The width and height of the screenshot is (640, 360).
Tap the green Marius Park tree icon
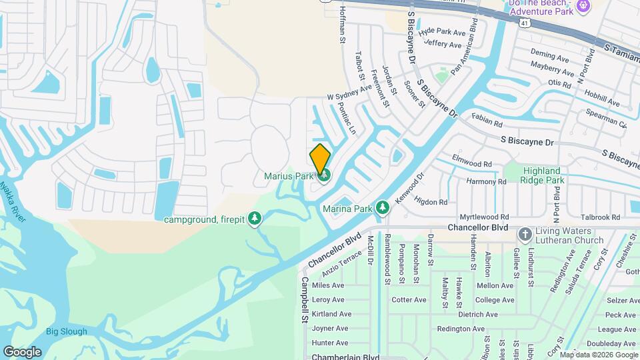(325, 176)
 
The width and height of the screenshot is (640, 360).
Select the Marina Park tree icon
(383, 209)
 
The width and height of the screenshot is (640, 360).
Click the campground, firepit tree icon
(254, 218)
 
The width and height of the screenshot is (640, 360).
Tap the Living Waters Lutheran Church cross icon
(525, 235)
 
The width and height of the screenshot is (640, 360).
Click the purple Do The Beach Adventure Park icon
(584, 6)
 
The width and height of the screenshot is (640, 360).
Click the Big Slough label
(66, 331)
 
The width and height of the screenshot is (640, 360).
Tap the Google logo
(22, 351)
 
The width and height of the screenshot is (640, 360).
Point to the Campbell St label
(305, 300)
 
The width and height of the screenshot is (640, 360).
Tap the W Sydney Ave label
(349, 93)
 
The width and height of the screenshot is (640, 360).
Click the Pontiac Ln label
(347, 118)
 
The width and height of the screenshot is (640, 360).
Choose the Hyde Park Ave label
(441, 31)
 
